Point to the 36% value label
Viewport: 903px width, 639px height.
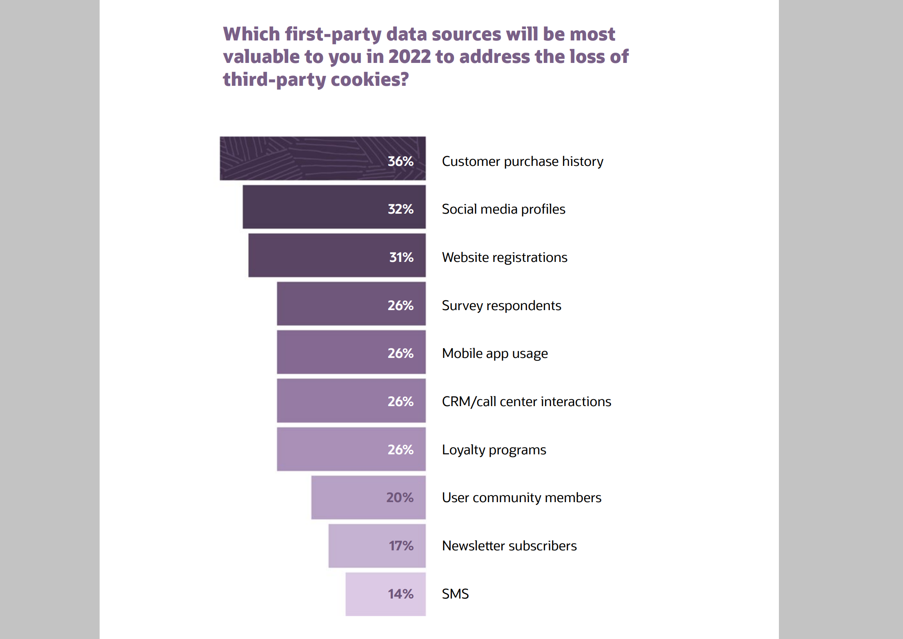click(400, 161)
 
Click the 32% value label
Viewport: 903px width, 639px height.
click(400, 209)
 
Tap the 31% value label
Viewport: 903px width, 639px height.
click(401, 257)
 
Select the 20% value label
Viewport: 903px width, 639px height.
click(400, 498)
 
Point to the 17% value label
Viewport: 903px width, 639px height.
click(401, 546)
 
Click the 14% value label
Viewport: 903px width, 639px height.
click(400, 594)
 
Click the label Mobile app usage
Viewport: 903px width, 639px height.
click(495, 353)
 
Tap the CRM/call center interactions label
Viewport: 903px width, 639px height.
click(526, 402)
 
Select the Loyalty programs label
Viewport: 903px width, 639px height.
click(494, 450)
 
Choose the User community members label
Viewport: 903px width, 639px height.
click(521, 498)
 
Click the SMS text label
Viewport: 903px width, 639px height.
click(455, 594)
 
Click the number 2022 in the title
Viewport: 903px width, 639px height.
click(409, 57)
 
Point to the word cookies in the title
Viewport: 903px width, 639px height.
click(369, 80)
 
